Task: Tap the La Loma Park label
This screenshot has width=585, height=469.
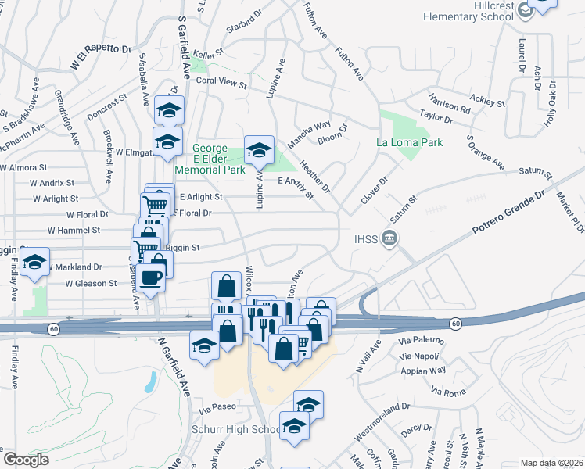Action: (x=409, y=142)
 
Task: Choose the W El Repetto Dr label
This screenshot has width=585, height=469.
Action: (x=102, y=59)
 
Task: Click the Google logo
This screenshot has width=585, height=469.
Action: (x=26, y=460)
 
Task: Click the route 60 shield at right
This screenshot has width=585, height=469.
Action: (x=455, y=323)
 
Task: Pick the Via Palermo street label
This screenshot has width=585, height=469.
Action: (x=422, y=341)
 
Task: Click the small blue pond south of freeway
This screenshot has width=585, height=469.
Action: (x=149, y=383)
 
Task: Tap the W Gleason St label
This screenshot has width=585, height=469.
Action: (x=91, y=283)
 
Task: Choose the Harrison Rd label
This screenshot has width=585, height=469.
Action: (x=449, y=104)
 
